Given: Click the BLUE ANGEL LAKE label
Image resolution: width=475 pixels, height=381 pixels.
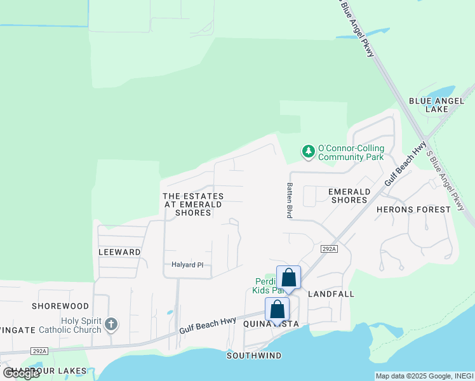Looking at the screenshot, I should [429, 105].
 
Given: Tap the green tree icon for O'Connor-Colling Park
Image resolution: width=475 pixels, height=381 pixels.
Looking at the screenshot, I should [308, 152].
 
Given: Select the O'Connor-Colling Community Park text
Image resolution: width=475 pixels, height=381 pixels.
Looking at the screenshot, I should [351, 152].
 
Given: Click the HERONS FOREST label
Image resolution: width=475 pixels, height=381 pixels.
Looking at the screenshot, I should [422, 209].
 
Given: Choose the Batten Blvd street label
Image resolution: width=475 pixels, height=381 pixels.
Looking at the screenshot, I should [289, 200].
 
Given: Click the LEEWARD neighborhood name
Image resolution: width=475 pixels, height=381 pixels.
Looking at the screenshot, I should [119, 252].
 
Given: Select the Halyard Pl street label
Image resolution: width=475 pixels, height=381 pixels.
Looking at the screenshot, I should [187, 265].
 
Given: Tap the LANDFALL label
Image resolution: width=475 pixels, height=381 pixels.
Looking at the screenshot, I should [331, 294].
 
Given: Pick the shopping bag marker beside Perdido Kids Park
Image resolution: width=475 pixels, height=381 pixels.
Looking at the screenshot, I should [288, 277].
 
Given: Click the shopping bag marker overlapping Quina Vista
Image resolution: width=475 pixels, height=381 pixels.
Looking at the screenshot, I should [278, 309].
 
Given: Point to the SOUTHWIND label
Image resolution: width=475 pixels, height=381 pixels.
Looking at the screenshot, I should [254, 356].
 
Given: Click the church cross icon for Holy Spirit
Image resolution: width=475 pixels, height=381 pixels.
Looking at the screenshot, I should [111, 325].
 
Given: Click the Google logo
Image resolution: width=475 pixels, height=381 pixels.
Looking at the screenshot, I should [22, 373].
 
